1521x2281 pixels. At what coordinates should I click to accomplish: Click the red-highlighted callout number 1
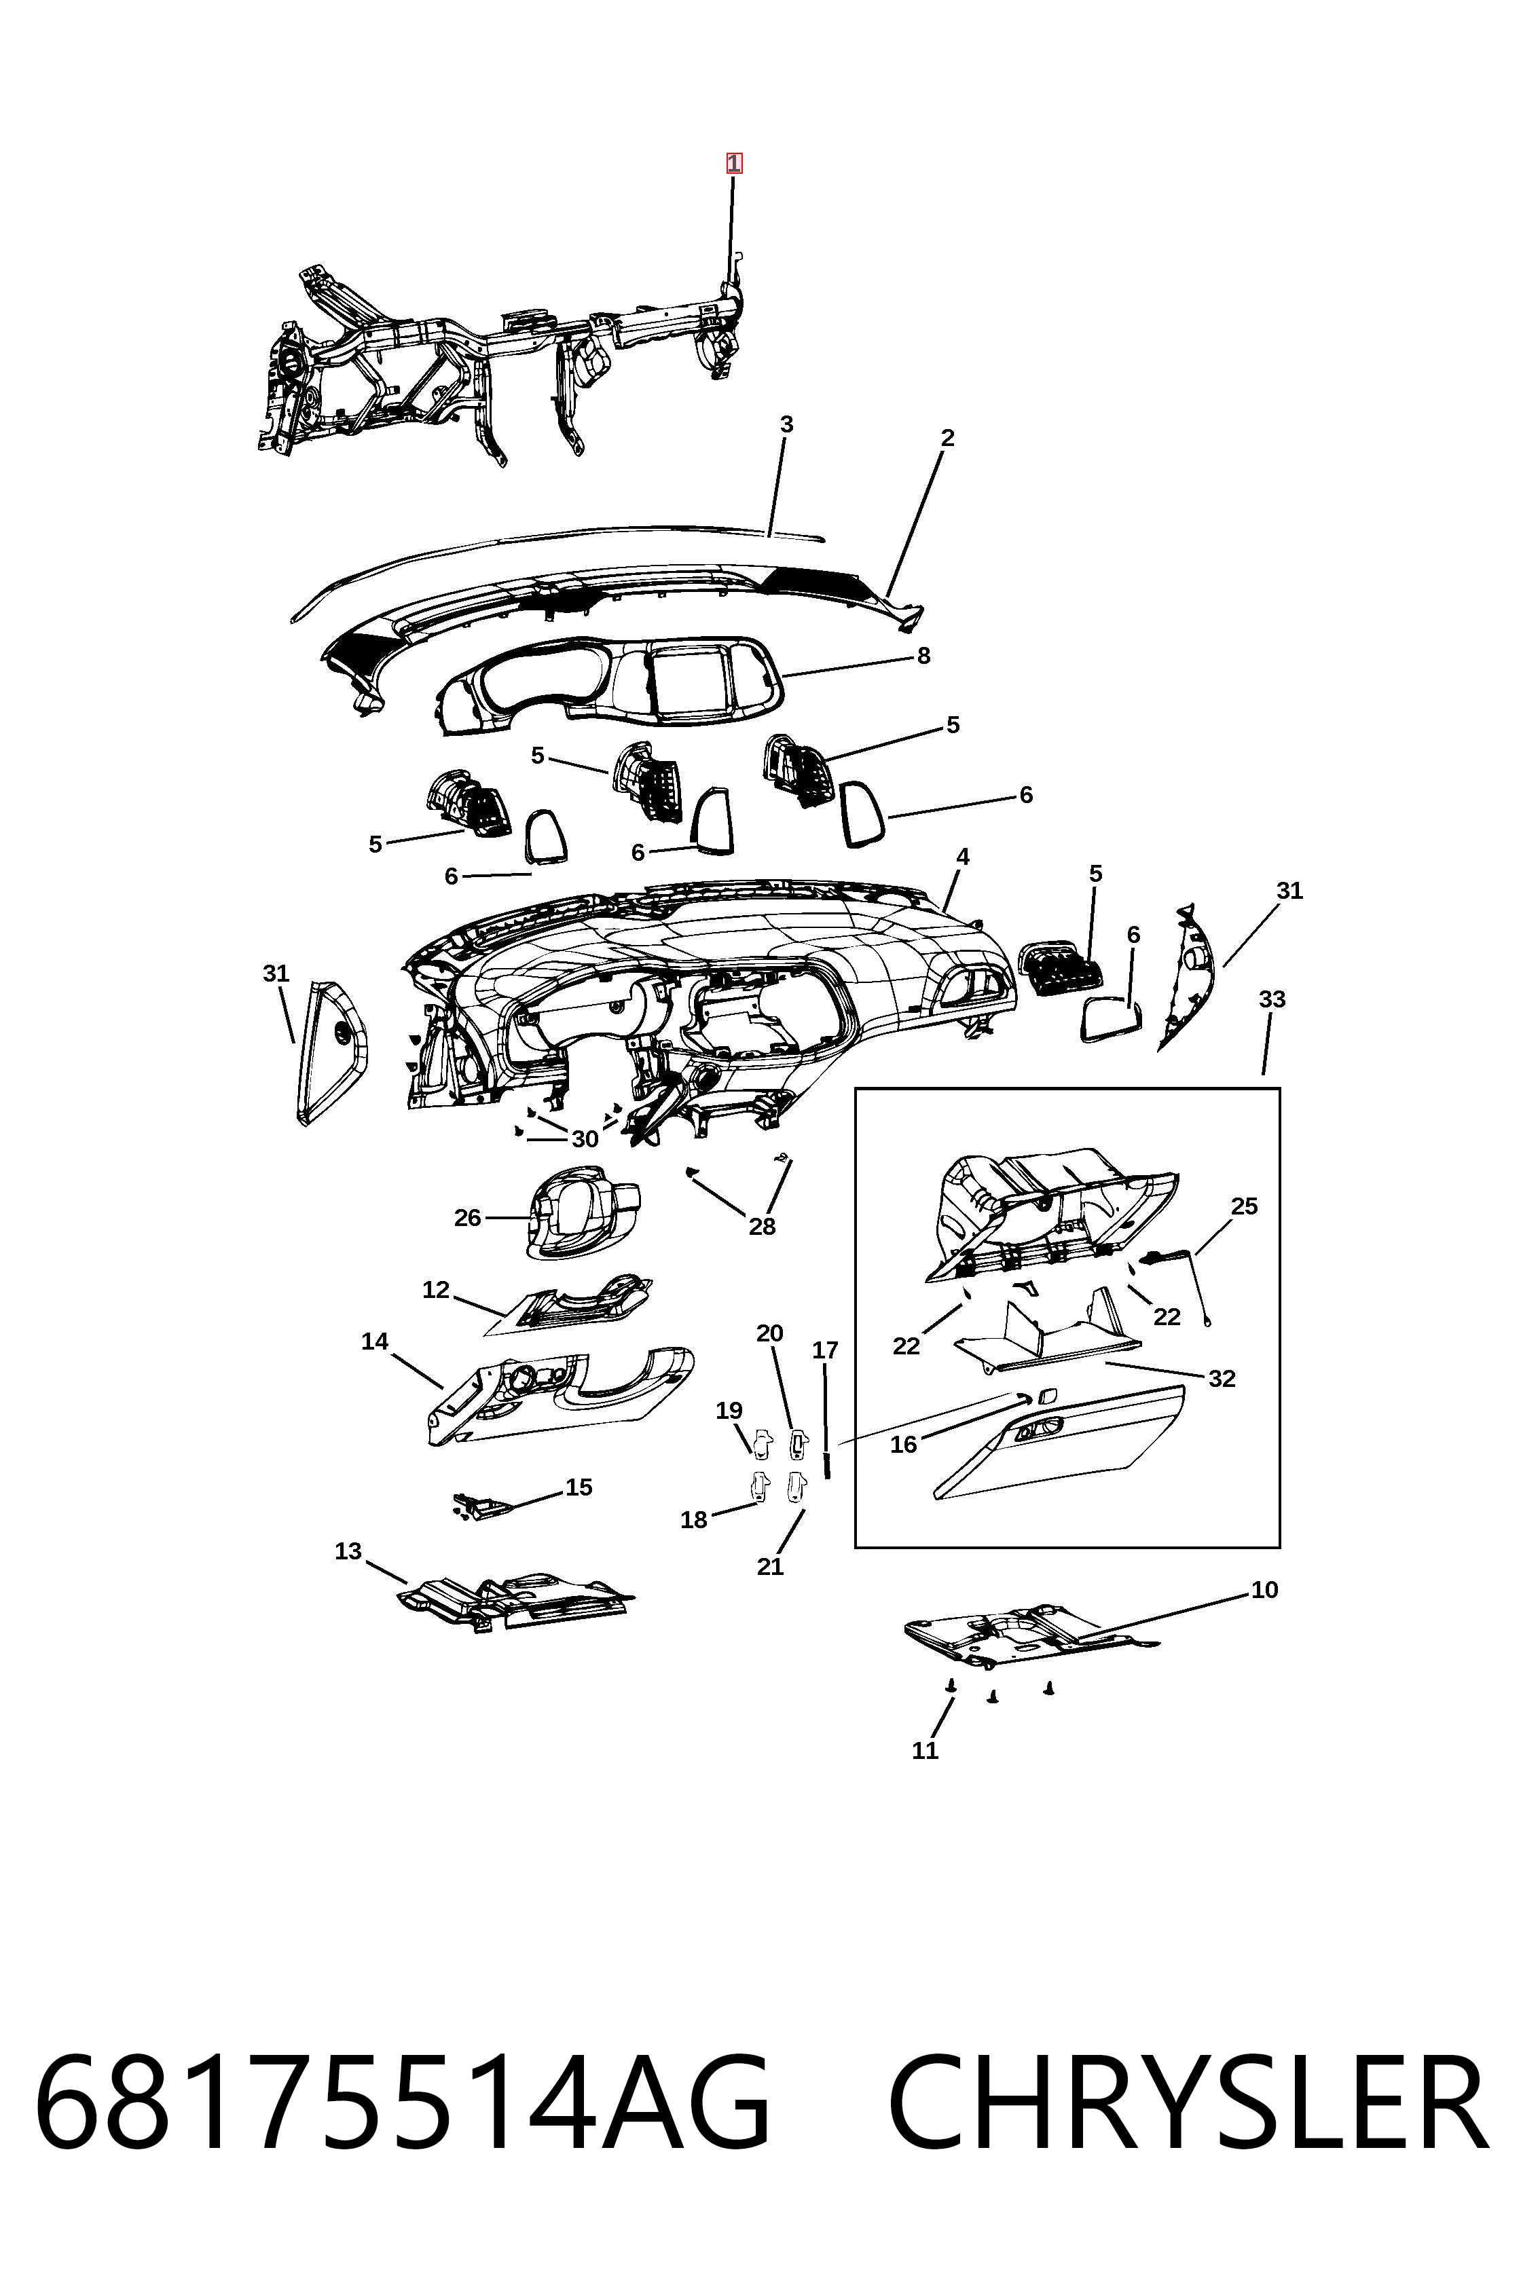[x=734, y=163]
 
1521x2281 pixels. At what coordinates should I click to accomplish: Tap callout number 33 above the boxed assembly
[x=1272, y=999]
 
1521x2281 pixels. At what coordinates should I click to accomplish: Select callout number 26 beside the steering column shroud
[x=468, y=1217]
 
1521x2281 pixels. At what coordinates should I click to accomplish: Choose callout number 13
[x=348, y=1551]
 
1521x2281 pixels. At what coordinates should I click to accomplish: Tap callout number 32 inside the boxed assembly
[x=1222, y=1378]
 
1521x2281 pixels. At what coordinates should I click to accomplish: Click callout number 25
[x=1245, y=1206]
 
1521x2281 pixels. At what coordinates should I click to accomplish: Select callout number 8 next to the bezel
[x=923, y=656]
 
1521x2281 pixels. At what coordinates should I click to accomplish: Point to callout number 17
[x=826, y=1350]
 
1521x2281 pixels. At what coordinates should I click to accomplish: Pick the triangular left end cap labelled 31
[x=332, y=1052]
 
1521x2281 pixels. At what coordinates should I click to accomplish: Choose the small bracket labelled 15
[x=485, y=1507]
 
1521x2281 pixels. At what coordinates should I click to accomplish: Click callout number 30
[x=585, y=1138]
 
